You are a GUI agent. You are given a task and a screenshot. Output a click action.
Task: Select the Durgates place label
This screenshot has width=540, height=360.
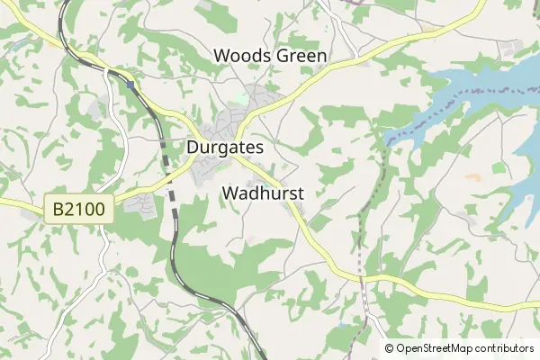[225, 147]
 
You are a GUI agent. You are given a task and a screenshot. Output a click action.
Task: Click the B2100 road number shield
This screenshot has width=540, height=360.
[79, 210]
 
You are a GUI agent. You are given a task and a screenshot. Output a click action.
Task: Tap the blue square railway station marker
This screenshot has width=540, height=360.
[131, 85]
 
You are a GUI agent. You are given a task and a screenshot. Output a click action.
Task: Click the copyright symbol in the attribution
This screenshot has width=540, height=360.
[390, 348]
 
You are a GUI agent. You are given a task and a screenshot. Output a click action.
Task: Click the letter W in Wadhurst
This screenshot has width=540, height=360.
[229, 193]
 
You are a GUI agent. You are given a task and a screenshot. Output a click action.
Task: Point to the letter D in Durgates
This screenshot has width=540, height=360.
[193, 147]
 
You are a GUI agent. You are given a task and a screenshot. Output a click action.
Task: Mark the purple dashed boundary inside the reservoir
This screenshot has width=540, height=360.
[468, 99]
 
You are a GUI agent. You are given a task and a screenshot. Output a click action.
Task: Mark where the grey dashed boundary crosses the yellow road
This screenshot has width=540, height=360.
[360, 276]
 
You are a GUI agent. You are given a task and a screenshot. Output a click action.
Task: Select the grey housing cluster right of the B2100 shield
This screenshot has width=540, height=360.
[138, 206]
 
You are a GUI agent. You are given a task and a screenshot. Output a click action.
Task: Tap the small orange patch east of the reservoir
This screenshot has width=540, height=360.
[472, 177]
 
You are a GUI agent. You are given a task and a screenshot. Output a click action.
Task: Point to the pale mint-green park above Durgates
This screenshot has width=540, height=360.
[240, 96]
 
